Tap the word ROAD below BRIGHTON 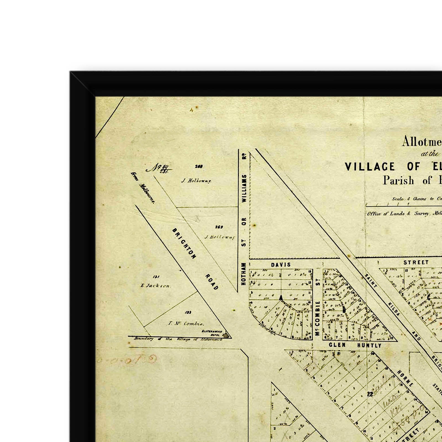pyautogui.click(x=212, y=282)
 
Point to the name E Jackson pyautogui.click(x=155, y=286)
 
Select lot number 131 pyautogui.click(x=156, y=277)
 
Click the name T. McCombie pyautogui.click(x=186, y=324)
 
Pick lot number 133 pyautogui.click(x=188, y=312)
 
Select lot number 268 pyautogui.click(x=199, y=166)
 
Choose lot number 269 pyautogui.click(x=219, y=227)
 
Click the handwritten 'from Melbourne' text pyautogui.click(x=143, y=188)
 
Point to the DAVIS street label pyautogui.click(x=281, y=265)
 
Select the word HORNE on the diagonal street pyautogui.click(x=405, y=378)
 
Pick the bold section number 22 pyautogui.click(x=370, y=394)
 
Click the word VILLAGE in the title pyautogui.click(x=370, y=167)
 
